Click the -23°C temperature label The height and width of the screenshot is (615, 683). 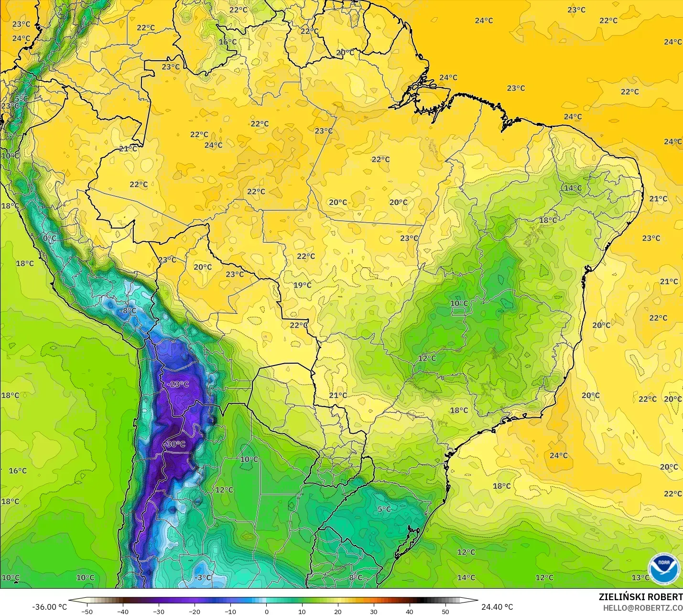(x=178, y=384)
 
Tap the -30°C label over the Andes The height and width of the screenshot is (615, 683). (x=174, y=444)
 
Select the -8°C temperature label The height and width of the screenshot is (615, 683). (x=128, y=311)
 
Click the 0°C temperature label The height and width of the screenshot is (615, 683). (x=49, y=238)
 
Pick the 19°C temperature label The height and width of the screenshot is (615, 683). (x=302, y=285)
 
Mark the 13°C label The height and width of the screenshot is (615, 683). (x=640, y=577)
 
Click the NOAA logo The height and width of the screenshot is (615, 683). (x=664, y=569)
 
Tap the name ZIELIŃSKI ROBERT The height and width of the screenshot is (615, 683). (x=640, y=597)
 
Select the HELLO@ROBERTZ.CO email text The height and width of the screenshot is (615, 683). (x=642, y=608)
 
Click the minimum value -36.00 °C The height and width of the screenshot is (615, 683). (x=50, y=607)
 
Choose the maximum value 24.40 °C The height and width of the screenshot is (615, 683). (x=497, y=607)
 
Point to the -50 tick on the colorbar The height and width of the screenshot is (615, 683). (x=87, y=611)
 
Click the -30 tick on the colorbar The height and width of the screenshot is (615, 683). (x=159, y=611)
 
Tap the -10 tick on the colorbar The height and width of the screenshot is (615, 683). (x=230, y=611)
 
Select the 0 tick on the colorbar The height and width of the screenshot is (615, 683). (x=267, y=611)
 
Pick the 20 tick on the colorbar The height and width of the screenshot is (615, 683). (x=338, y=611)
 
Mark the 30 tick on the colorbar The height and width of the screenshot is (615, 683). (x=374, y=611)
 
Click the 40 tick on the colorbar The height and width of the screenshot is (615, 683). (x=410, y=611)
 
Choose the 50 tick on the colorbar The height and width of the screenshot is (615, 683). (x=445, y=611)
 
